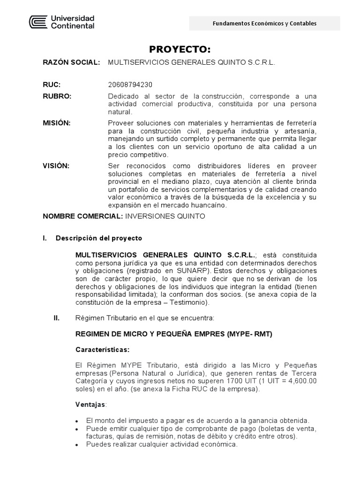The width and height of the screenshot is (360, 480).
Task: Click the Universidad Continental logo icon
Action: click(x=38, y=22)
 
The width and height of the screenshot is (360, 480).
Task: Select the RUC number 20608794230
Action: click(x=130, y=85)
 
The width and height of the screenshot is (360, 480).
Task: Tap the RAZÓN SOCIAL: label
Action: click(x=71, y=62)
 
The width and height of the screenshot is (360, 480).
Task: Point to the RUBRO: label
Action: click(x=57, y=96)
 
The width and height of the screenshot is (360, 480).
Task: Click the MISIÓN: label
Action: click(x=57, y=123)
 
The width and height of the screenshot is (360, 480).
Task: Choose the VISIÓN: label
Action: click(x=56, y=166)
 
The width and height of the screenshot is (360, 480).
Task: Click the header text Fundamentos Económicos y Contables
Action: click(x=264, y=23)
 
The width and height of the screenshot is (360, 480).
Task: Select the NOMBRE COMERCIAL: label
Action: click(x=82, y=216)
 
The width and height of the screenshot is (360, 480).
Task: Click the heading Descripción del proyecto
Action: click(x=98, y=238)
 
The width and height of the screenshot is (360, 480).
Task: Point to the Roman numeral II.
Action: click(x=57, y=318)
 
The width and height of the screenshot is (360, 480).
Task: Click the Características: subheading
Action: click(x=102, y=350)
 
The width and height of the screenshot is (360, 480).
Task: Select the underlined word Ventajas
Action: click(x=90, y=404)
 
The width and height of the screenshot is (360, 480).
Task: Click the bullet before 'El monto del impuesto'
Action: click(x=77, y=420)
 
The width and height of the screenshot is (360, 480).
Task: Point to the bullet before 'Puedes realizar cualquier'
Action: click(x=77, y=444)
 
